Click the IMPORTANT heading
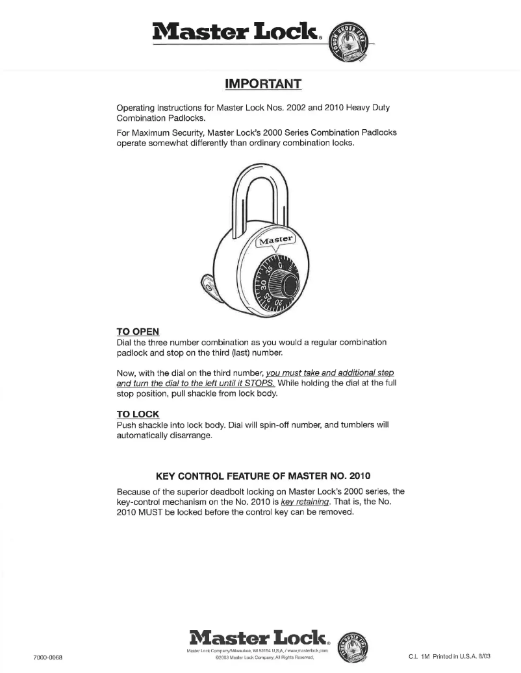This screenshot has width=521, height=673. [x=262, y=84]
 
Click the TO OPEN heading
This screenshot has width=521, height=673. [x=138, y=331]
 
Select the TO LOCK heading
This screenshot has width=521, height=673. [x=138, y=414]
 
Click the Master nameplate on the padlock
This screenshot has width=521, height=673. [x=275, y=243]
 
